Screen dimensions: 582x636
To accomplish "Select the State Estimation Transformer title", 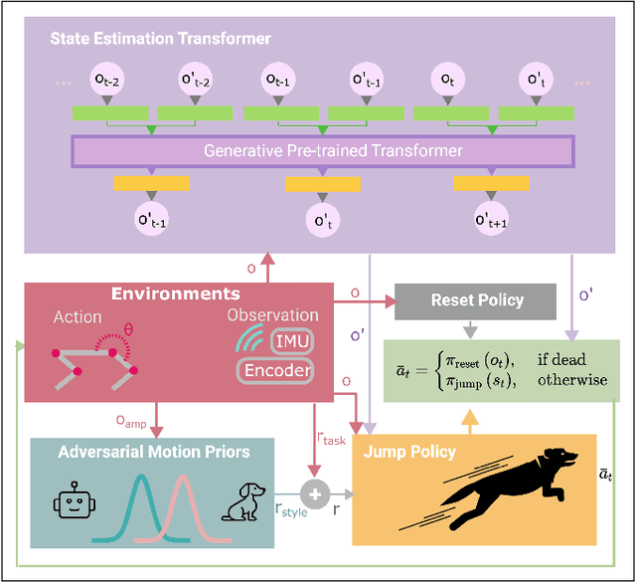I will (161, 39).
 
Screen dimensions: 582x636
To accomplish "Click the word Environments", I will (175, 293).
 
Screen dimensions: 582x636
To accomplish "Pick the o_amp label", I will (131, 422).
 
